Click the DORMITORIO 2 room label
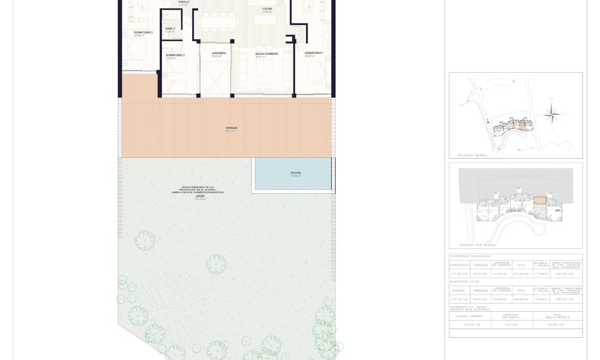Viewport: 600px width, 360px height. point(143,33)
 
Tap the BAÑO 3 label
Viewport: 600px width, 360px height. point(170,29)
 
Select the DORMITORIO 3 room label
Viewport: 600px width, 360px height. point(175,55)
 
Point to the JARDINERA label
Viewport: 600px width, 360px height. point(219,53)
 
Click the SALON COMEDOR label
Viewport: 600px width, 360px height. point(267,54)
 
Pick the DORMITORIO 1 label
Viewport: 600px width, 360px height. point(314,53)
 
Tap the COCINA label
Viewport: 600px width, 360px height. point(267,9)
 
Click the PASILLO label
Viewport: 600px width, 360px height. point(184,2)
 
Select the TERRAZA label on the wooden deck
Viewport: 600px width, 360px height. point(231,128)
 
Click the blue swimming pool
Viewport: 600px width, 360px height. point(295,174)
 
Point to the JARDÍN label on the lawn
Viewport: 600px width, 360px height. point(200,196)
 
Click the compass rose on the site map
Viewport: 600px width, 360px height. point(552,113)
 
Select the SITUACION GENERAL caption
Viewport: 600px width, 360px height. point(473,156)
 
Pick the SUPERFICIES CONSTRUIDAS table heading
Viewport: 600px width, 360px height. point(470,256)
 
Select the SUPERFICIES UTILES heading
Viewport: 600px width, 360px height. point(465,281)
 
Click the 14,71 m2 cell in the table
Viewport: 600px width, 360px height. point(512,324)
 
